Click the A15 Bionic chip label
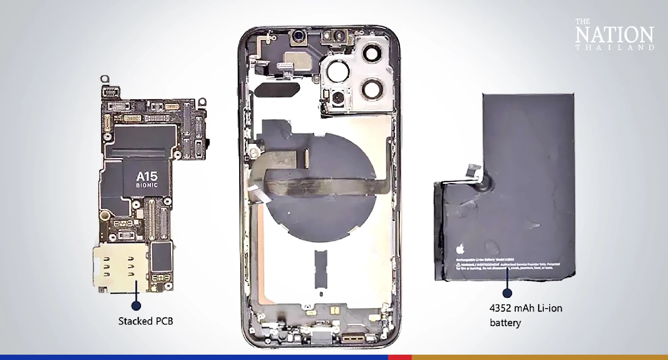[147, 179]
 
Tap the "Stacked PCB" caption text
[146, 321]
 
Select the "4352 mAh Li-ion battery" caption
[526, 315]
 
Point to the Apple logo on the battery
[460, 249]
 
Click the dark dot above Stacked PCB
[136, 305]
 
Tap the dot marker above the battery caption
[507, 293]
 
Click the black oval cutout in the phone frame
[277, 89]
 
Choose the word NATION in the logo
[614, 34]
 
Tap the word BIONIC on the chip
[147, 185]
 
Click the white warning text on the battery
[504, 265]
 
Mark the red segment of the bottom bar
[399, 357]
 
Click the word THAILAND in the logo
[614, 48]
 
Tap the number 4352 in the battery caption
[500, 308]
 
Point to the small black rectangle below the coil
[321, 269]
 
